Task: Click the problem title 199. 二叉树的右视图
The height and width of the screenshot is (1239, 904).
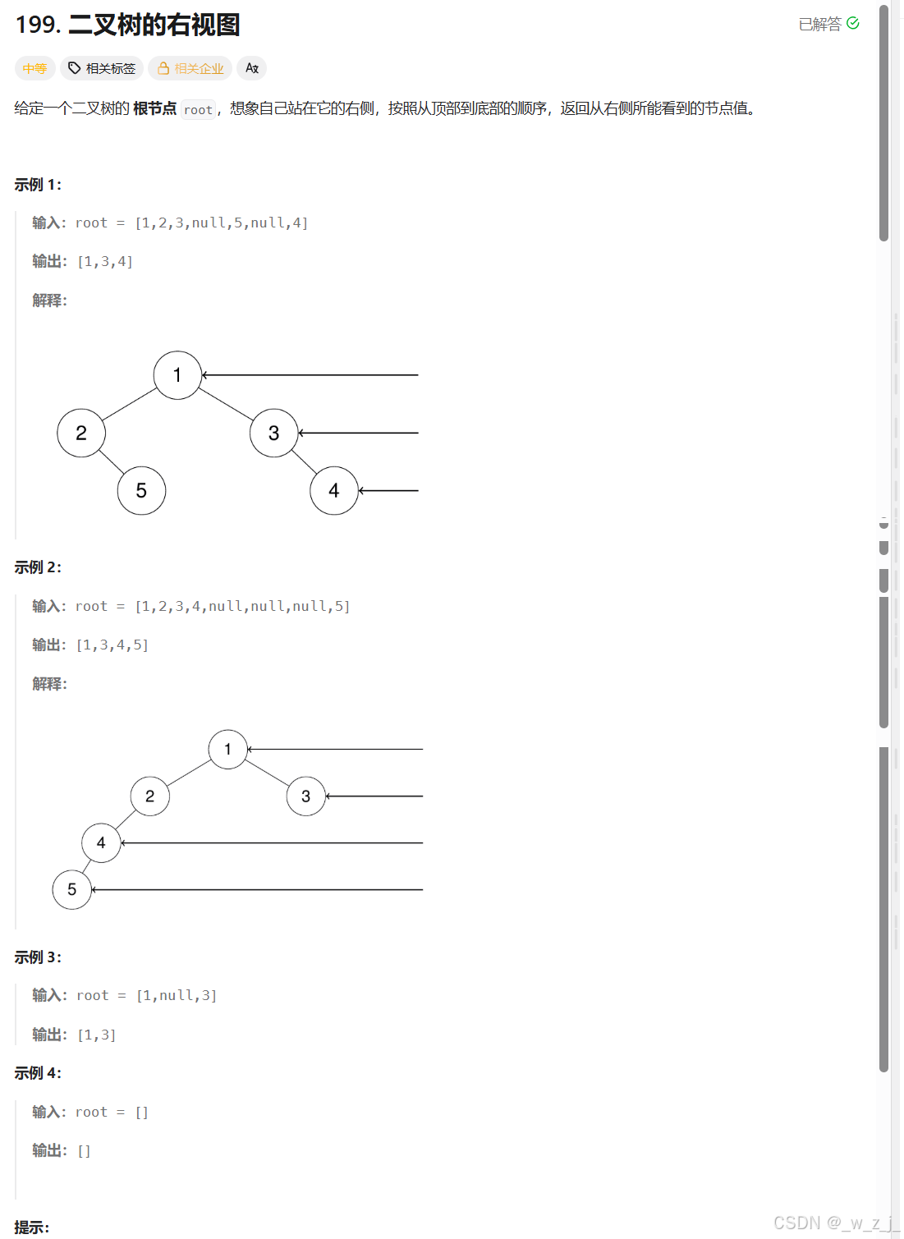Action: click(127, 25)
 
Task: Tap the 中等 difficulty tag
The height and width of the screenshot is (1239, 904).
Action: click(34, 68)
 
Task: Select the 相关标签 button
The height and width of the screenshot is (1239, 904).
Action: click(103, 68)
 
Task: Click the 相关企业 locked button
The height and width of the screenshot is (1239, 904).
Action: click(190, 68)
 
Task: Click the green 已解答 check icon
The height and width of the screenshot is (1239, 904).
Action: click(853, 23)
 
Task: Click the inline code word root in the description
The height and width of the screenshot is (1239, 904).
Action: click(198, 109)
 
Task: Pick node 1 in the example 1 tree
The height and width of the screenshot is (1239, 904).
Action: click(177, 375)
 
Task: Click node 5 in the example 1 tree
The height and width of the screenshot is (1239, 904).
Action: click(141, 491)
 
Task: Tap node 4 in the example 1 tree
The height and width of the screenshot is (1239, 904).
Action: click(333, 491)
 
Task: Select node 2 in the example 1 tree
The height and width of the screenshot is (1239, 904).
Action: click(81, 433)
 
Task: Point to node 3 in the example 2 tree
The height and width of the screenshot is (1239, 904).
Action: click(305, 796)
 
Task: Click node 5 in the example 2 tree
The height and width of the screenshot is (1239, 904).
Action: click(72, 890)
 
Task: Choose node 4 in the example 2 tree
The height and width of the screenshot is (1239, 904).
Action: click(101, 843)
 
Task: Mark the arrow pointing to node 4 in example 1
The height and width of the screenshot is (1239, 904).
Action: click(388, 491)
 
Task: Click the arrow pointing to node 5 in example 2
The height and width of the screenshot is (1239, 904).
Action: click(256, 890)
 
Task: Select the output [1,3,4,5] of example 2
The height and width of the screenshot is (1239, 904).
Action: click(112, 645)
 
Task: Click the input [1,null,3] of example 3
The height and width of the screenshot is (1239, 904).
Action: click(177, 996)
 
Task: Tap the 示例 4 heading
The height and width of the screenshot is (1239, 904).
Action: click(38, 1073)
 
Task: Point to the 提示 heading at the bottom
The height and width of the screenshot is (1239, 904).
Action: click(31, 1228)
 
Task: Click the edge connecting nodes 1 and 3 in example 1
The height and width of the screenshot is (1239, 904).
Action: click(226, 404)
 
